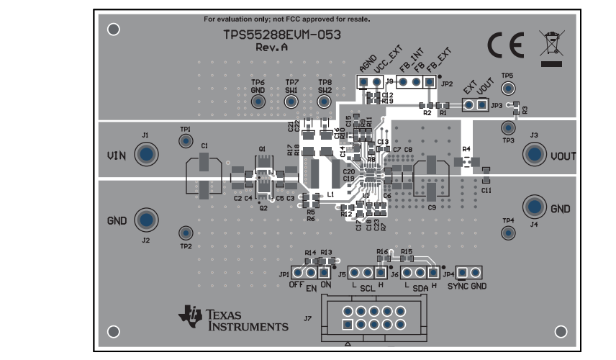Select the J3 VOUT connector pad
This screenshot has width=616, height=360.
point(534,153)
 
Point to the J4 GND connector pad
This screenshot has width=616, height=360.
point(534,207)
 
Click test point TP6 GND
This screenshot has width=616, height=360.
point(258,102)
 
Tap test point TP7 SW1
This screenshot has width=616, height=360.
point(291,102)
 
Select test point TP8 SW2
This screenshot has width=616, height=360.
point(325,102)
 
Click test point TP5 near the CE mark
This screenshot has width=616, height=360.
point(508,88)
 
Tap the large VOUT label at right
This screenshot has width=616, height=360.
point(563,156)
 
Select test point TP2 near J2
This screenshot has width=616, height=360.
point(186,233)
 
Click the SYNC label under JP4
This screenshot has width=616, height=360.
point(458,286)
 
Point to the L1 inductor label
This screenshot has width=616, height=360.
point(331,194)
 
